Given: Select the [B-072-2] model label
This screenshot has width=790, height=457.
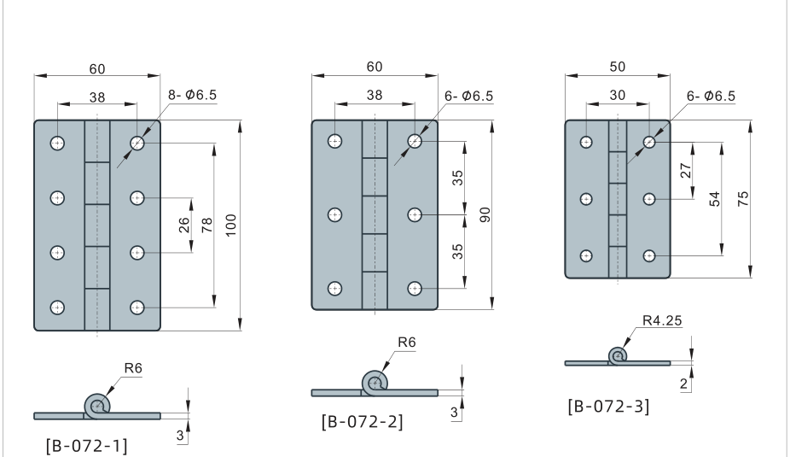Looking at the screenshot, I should tap(362, 422).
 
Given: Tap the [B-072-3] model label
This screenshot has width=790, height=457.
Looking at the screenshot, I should tap(607, 406).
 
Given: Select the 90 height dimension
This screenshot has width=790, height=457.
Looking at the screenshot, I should tap(484, 214).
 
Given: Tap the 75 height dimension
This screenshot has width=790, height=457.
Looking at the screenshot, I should tap(741, 197).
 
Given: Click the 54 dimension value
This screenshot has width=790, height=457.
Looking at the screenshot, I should tap(714, 198).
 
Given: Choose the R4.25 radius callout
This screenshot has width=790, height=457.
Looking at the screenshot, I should tap(665, 322).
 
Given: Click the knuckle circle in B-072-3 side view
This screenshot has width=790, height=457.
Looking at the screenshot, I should tap(618, 355).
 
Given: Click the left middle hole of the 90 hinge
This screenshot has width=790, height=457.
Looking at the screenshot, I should tap(335, 214).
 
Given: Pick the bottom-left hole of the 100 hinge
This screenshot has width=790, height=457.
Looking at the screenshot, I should tap(57, 307).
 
